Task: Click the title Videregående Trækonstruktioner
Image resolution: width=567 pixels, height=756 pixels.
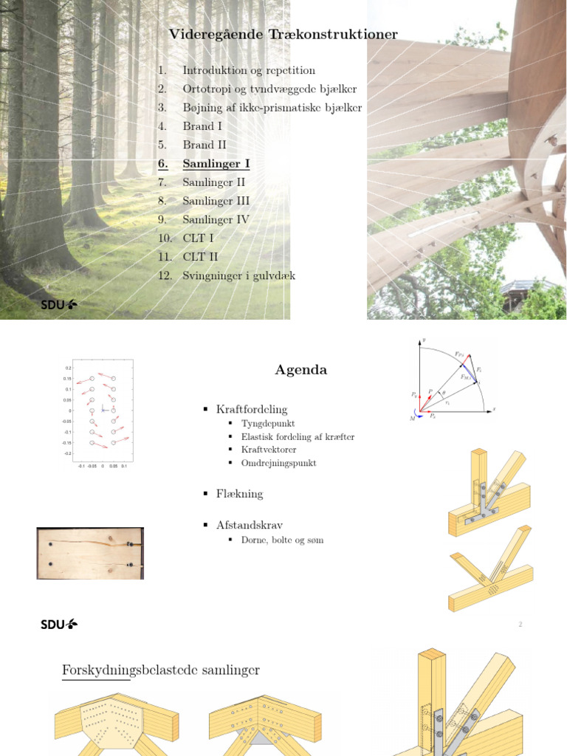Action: click(x=283, y=35)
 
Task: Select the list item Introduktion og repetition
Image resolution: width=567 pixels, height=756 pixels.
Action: click(x=249, y=71)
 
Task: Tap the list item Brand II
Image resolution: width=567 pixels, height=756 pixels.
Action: click(x=205, y=145)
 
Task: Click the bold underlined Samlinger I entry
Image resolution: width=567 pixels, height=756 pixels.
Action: click(x=216, y=164)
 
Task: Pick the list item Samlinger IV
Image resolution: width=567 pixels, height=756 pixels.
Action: click(x=216, y=220)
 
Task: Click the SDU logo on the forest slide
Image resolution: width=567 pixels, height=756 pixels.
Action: click(x=59, y=304)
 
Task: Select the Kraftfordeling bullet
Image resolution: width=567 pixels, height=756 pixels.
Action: click(x=252, y=409)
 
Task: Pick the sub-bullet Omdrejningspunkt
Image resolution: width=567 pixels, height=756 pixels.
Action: click(x=279, y=464)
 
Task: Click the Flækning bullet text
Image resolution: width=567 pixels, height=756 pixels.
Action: click(x=239, y=494)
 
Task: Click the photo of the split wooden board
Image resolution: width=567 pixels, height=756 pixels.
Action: click(x=90, y=553)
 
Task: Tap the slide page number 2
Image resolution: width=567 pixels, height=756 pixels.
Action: click(x=520, y=625)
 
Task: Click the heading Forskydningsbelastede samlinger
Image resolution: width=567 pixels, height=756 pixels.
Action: click(x=161, y=670)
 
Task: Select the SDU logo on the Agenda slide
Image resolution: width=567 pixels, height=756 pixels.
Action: click(x=59, y=625)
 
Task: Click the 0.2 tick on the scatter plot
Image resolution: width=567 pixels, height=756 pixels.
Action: click(x=68, y=367)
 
